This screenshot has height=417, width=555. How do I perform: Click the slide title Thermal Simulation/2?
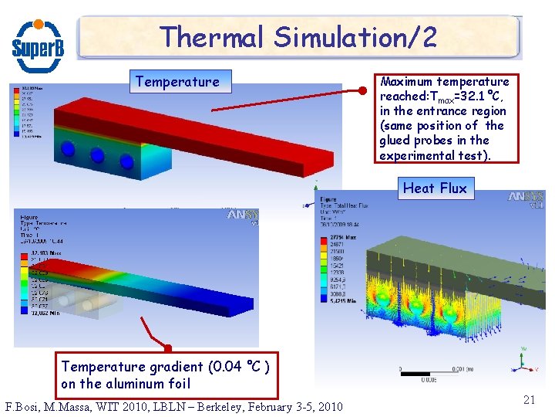[298, 36]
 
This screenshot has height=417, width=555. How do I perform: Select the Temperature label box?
[177, 81]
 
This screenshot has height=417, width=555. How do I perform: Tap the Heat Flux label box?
[435, 188]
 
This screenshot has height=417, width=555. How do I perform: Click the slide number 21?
[529, 399]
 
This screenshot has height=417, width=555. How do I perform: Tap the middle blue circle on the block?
[97, 156]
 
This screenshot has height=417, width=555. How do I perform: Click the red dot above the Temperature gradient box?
[167, 348]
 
